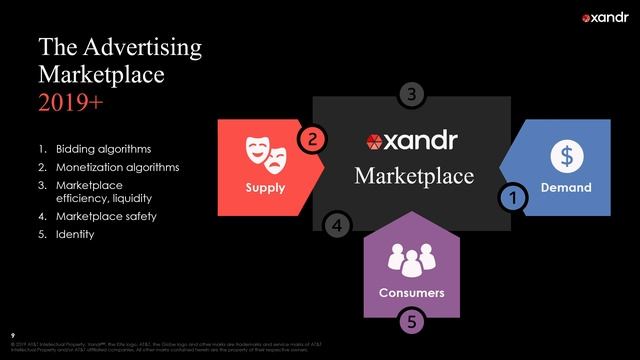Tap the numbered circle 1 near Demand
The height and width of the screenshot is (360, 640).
pos(513,198)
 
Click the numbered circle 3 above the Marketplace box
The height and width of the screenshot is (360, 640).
pos(413,94)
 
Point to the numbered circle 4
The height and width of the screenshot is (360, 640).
pos(338,226)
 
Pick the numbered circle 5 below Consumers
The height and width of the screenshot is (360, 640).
pos(411,321)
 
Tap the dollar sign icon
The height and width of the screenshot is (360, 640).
pos(566,156)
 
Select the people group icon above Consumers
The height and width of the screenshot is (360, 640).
pos(411,262)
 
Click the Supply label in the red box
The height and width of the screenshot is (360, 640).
pos(265,187)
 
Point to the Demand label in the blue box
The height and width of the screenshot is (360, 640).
pos(566,187)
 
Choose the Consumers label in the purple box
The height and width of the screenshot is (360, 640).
pos(411,292)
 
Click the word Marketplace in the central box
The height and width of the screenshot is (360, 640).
pos(414,176)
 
